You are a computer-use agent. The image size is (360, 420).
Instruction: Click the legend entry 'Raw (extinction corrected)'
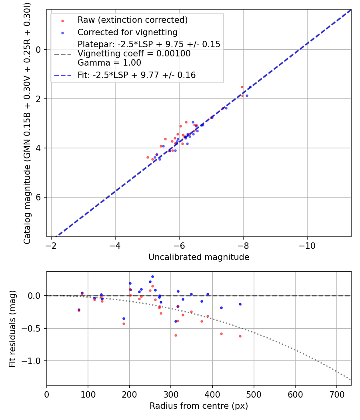(132, 20)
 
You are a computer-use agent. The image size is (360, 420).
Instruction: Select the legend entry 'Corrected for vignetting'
(127, 32)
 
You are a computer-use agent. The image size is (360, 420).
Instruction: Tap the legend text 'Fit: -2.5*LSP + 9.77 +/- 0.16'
(136, 75)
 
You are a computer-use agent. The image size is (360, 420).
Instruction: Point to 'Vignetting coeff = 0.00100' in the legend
(134, 54)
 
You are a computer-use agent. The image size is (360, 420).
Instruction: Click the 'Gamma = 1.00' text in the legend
(109, 63)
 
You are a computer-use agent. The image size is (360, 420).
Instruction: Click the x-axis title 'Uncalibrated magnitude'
(199, 257)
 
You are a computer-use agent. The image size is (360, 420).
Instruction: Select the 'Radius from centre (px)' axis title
(199, 406)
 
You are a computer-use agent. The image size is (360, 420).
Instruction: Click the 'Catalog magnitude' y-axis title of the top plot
(27, 123)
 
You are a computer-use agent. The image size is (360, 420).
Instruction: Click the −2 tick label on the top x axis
(51, 245)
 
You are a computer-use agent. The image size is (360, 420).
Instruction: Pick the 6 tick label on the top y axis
(39, 197)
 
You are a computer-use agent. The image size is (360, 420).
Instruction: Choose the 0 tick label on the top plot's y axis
(39, 50)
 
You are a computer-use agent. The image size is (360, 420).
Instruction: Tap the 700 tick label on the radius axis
(337, 394)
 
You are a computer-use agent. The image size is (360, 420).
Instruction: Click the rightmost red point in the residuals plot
(240, 336)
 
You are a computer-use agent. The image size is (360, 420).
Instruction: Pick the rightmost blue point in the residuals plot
(240, 304)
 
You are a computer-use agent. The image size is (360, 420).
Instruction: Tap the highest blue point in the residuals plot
(152, 276)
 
